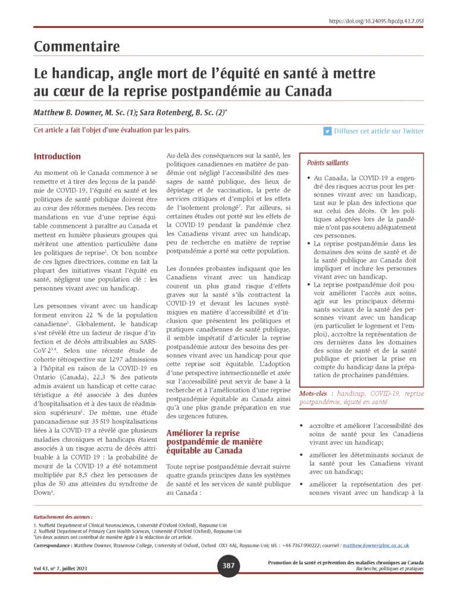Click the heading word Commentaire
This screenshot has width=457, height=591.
coord(77,46)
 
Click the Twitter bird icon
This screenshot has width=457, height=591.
coord(327,131)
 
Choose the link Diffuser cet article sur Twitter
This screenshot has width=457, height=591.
coord(378,131)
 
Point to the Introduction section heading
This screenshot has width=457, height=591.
coord(57,156)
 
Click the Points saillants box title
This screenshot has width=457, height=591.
coord(328,163)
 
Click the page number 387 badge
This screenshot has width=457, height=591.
coord(228,565)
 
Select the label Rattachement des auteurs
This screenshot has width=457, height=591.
coord(63,517)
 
